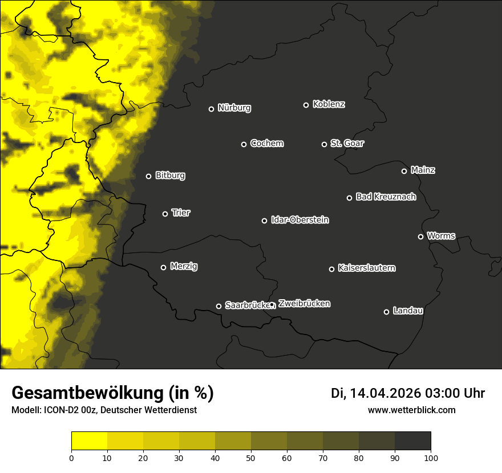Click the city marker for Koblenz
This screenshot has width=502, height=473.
[306, 105]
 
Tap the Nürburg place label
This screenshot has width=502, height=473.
[234, 108]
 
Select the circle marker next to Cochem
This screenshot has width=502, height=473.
[244, 144]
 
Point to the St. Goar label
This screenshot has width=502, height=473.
[347, 144]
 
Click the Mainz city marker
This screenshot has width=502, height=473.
[404, 171]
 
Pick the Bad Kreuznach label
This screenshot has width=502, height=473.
[386, 197]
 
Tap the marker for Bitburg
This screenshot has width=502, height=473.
[148, 176]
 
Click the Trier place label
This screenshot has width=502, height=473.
[181, 213]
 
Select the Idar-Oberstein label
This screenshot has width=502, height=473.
[299, 220]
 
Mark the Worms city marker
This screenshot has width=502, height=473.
[420, 237]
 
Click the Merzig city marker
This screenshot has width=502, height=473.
[163, 267]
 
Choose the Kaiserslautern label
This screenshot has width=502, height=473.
[366, 268]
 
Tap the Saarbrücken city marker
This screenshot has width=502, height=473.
[218, 306]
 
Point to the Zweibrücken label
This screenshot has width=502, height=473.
[304, 304]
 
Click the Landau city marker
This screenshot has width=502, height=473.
[386, 312]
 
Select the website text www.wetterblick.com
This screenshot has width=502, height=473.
[412, 410]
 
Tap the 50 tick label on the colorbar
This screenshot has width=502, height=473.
[251, 457]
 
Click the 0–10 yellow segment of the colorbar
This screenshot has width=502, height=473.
[89, 441]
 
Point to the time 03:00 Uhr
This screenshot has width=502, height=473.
[455, 393]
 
